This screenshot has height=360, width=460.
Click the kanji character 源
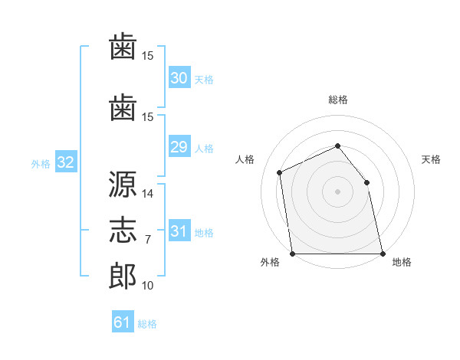pos(123,184)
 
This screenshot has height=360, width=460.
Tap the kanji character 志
pos(123,231)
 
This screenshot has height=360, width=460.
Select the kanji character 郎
pos(123,276)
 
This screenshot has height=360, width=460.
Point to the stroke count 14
pos(148,193)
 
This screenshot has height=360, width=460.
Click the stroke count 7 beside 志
pos(148,240)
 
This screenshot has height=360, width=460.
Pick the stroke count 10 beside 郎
pos(148,285)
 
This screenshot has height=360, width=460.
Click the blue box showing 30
pos(179,77)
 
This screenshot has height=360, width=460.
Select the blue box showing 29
pos(179,147)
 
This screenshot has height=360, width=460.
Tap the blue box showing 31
pos(179,231)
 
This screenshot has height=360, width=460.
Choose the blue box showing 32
pos(65,162)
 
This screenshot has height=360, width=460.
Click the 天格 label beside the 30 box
pos(204,79)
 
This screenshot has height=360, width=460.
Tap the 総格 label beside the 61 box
pos(147,324)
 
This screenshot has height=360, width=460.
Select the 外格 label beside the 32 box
pos(41,163)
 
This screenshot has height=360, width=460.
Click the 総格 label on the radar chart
pos(338,100)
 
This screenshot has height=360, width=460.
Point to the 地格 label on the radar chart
pos(402,262)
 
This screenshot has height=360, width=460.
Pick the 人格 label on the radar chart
pos(245,159)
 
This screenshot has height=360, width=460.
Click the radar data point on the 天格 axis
pos(366,182)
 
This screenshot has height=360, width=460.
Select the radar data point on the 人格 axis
pos(280,172)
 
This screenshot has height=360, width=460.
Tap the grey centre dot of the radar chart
pos(338,191)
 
